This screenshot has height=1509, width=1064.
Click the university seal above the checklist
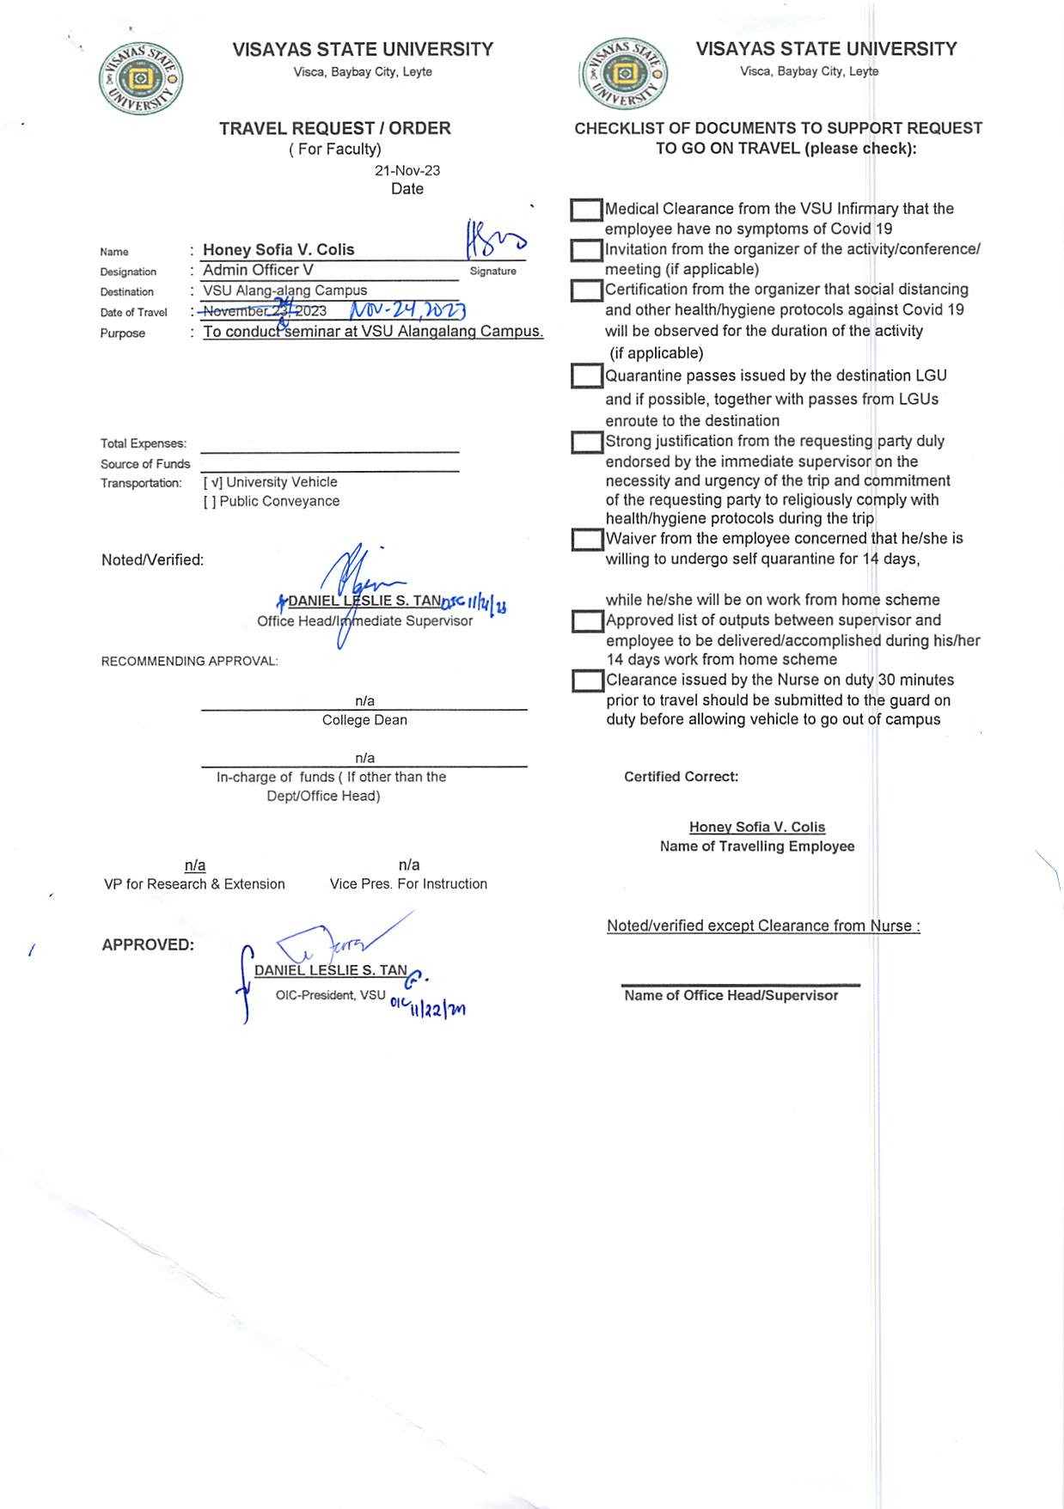tap(625, 74)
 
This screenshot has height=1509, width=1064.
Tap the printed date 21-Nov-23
tap(407, 170)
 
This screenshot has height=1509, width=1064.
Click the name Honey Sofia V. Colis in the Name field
tap(278, 249)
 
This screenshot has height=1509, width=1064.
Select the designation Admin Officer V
tap(258, 270)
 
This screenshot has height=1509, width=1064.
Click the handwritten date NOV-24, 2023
tap(407, 310)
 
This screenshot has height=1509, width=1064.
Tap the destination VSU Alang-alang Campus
tap(284, 290)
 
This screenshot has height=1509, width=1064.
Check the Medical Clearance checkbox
tap(586, 210)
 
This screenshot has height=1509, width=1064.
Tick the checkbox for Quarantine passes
tap(586, 376)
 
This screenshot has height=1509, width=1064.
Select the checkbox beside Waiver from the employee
tap(587, 540)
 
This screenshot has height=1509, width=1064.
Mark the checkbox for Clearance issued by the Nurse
tap(588, 681)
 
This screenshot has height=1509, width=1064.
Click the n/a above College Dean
tap(364, 701)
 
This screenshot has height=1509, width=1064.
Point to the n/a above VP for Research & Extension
tap(195, 864)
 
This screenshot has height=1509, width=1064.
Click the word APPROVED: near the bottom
tap(148, 944)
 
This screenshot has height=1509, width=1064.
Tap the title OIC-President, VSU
tap(330, 995)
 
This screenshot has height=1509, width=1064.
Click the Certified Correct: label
tap(681, 777)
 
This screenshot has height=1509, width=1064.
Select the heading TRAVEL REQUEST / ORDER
tap(334, 128)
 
